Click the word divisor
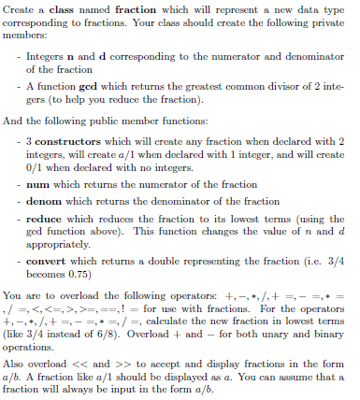(279, 85)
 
